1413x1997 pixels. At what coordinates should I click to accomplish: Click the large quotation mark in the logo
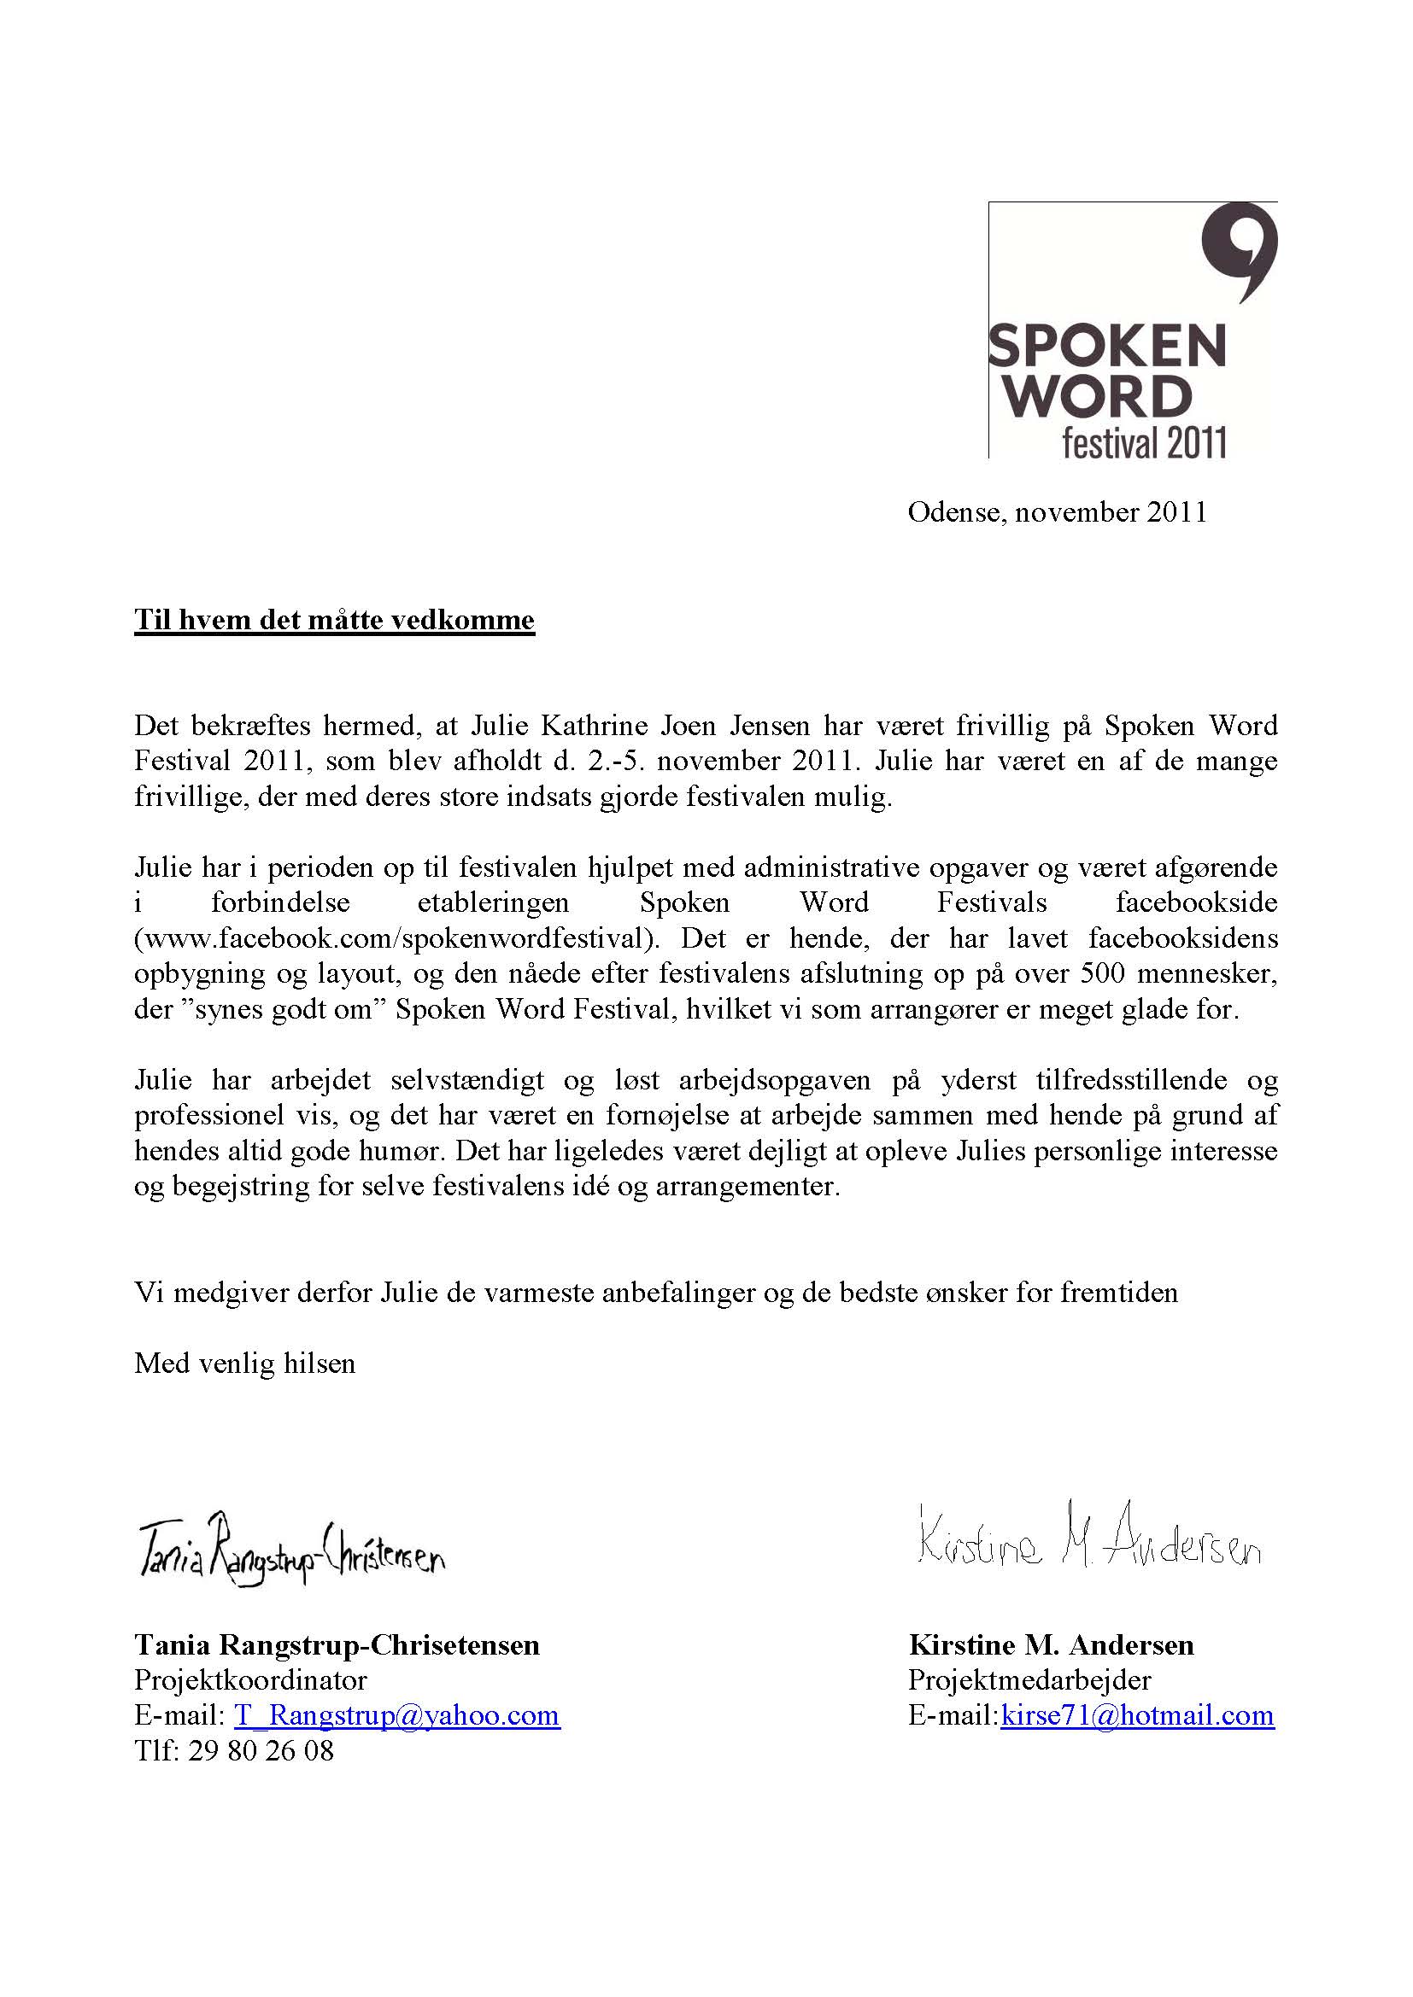1239,250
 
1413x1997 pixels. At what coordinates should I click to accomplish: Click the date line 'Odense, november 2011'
1057,512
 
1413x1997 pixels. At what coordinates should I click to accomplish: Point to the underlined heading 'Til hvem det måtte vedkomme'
334,620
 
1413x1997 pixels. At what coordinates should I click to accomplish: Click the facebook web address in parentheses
394,937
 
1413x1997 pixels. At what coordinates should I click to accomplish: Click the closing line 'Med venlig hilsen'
244,1363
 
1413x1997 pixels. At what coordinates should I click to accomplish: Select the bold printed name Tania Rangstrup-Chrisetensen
337,1644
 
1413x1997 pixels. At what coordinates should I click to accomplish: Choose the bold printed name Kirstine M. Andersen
1051,1644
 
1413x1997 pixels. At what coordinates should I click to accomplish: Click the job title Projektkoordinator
250,1679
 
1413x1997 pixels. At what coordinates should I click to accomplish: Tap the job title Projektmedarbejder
1029,1679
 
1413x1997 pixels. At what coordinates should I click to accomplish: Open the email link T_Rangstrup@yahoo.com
396,1715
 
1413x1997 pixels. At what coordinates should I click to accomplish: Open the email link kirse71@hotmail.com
1137,1715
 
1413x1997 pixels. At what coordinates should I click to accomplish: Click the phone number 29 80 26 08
261,1750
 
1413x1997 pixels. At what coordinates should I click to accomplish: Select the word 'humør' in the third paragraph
408,1152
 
